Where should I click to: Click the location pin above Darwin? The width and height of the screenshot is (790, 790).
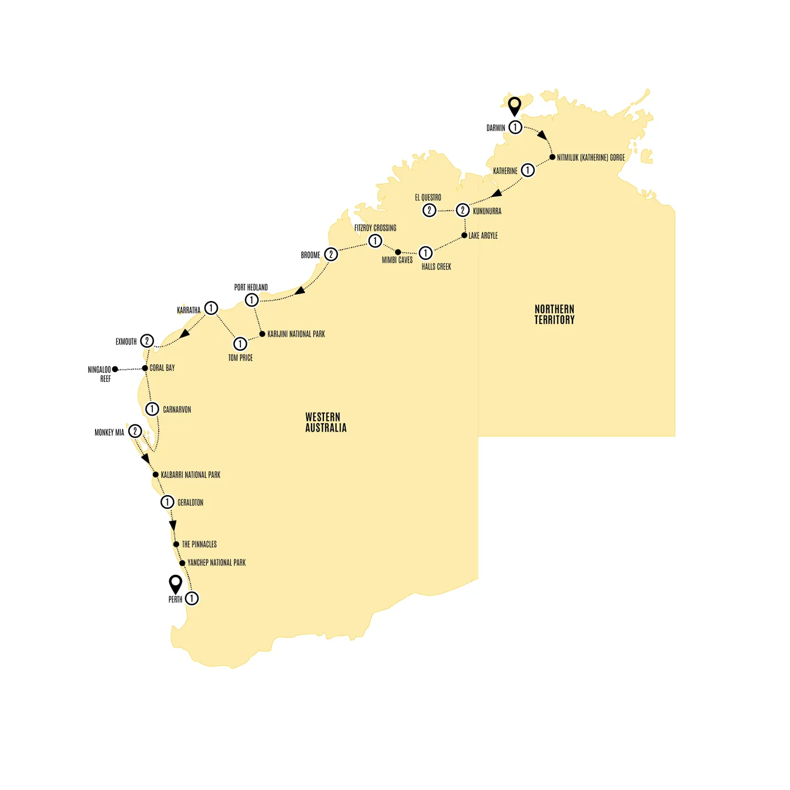pyautogui.click(x=515, y=106)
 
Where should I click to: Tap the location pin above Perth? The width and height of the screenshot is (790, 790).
pyautogui.click(x=176, y=583)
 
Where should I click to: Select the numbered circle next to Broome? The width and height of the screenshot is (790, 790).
pyautogui.click(x=331, y=254)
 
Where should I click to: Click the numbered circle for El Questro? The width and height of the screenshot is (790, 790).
pyautogui.click(x=429, y=210)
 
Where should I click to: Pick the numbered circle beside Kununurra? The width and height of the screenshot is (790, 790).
pyautogui.click(x=463, y=210)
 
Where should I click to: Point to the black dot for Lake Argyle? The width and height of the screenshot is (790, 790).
pyautogui.click(x=464, y=235)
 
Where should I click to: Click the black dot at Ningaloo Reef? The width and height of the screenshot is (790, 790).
pyautogui.click(x=115, y=369)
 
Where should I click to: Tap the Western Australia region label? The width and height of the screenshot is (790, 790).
pyautogui.click(x=326, y=422)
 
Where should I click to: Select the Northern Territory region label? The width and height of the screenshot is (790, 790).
pyautogui.click(x=554, y=314)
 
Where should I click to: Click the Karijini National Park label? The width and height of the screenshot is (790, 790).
pyautogui.click(x=296, y=334)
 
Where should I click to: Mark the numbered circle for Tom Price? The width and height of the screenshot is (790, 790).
pyautogui.click(x=240, y=343)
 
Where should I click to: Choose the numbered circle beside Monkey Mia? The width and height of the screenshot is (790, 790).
pyautogui.click(x=135, y=431)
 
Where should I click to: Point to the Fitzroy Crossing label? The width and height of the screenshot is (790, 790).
pyautogui.click(x=375, y=228)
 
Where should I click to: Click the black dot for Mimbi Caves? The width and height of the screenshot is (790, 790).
pyautogui.click(x=398, y=252)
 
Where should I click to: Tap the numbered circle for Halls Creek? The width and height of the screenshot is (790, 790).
pyautogui.click(x=425, y=252)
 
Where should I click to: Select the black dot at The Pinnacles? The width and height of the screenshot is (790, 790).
pyautogui.click(x=176, y=544)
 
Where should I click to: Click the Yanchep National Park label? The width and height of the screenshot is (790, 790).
pyautogui.click(x=216, y=563)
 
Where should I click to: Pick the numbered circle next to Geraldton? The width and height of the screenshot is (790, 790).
pyautogui.click(x=167, y=502)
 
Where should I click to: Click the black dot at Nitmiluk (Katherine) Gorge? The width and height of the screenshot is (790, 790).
pyautogui.click(x=552, y=157)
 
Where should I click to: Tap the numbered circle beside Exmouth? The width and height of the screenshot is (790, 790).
pyautogui.click(x=147, y=341)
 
